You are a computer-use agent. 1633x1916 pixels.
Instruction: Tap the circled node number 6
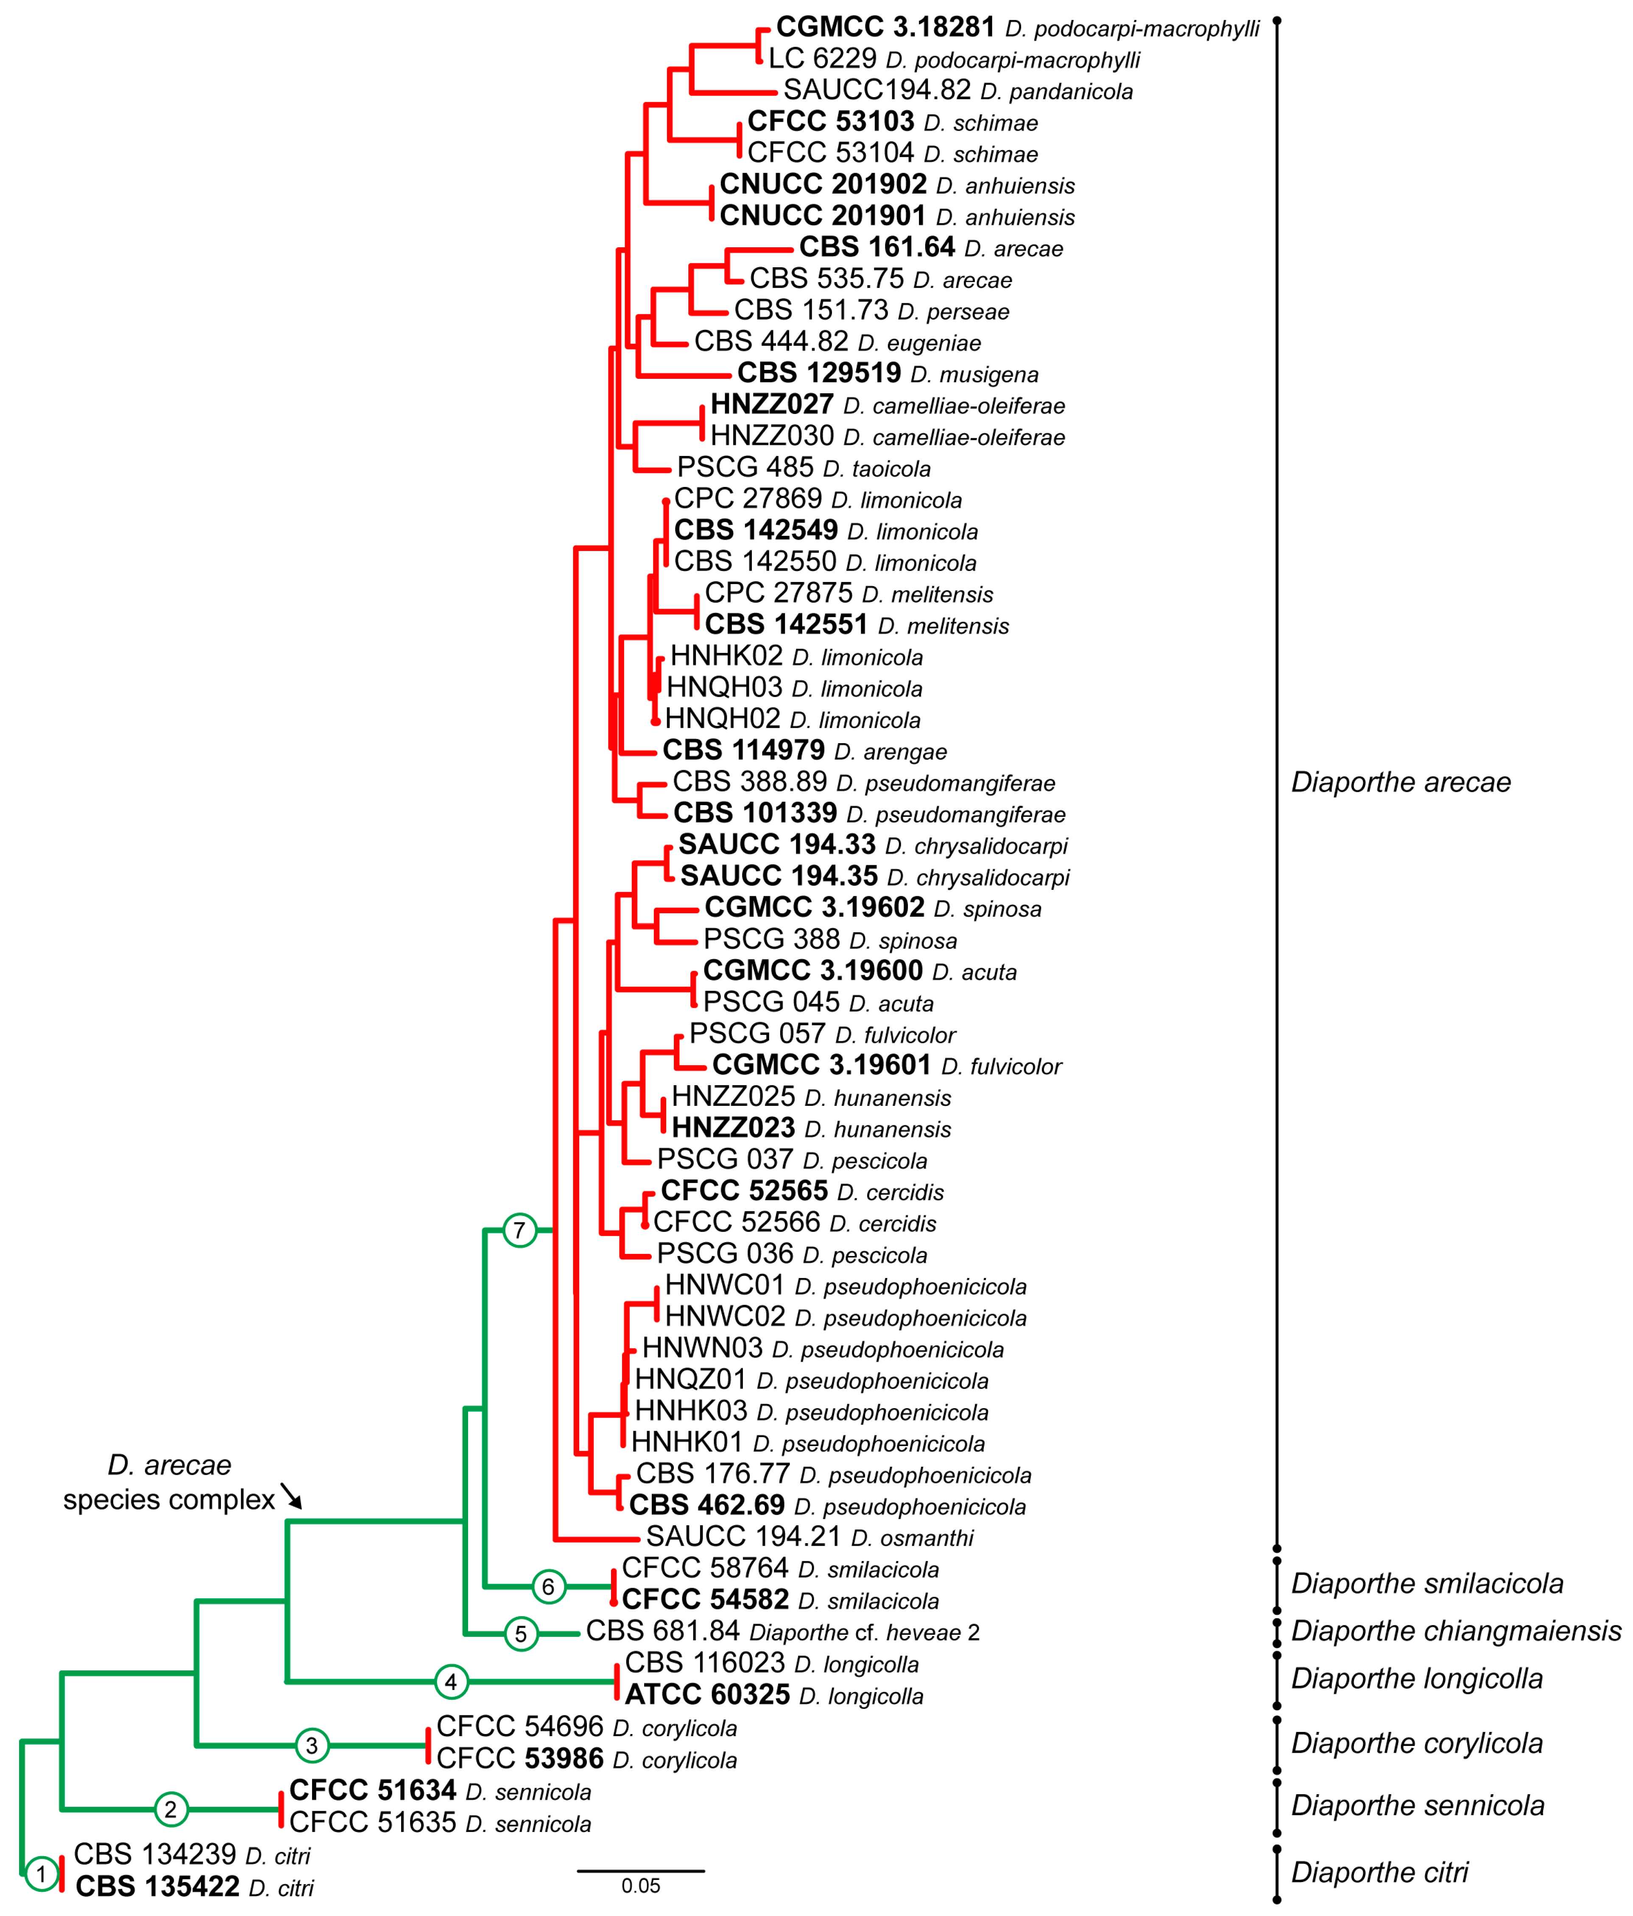pos(548,1587)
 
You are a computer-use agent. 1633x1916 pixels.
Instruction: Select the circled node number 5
pos(521,1634)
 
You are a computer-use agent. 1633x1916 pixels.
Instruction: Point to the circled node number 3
pos(312,1746)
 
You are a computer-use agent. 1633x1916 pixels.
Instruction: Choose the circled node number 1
pos(41,1874)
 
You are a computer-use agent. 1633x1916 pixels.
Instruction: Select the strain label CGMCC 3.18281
pos(885,28)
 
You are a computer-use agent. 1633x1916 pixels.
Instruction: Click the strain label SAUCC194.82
pos(877,91)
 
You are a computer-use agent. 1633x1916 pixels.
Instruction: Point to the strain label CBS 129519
pos(818,374)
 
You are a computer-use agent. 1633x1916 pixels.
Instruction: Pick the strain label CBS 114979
pos(743,751)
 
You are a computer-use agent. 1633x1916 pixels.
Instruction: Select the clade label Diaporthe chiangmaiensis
pos(1455,1631)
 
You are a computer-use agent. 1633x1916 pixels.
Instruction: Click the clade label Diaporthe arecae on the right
pos(1400,782)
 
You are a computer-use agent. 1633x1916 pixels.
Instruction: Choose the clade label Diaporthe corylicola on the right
pos(1417,1743)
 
